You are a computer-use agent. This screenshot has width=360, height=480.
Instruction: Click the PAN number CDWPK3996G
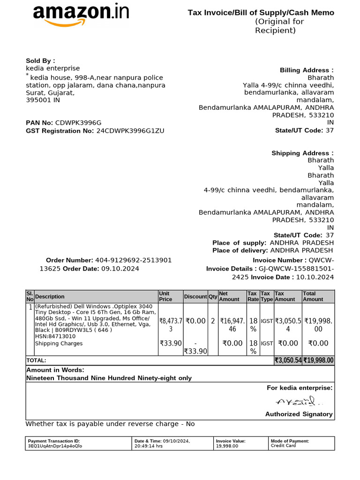pos(78,123)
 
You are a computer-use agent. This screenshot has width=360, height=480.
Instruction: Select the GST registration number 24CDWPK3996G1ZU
pos(130,131)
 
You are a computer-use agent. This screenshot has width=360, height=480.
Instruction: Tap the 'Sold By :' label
pos(40,60)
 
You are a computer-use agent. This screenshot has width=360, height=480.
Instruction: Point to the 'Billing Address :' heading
pos(307,70)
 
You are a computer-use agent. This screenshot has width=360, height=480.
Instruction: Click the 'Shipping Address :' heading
pos(302,153)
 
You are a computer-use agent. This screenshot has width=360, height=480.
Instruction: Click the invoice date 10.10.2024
pos(315,277)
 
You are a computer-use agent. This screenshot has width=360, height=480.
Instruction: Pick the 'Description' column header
pos(50,297)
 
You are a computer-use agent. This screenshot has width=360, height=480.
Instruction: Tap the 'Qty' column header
pos(213,297)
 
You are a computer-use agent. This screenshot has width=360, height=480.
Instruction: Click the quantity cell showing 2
pos(213,321)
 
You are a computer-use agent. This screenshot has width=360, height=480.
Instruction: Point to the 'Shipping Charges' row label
pos(59,344)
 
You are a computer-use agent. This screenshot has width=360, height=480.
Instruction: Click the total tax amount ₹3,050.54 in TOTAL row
pos(287,360)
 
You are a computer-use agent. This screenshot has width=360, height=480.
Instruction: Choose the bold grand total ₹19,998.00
pos(318,360)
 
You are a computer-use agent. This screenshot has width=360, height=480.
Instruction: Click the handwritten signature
pos(299,401)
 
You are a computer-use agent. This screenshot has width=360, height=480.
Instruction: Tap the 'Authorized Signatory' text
pos(299,414)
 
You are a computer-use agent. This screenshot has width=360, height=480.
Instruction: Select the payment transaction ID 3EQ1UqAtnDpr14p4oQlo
pos(55,446)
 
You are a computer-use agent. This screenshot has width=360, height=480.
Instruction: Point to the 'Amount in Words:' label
pos(55,370)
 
